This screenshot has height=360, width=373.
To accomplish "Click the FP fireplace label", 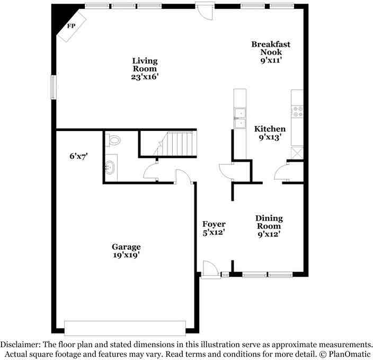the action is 71,26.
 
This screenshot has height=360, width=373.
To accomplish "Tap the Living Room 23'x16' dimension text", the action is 145,77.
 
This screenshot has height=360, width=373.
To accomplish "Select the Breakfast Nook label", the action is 271,48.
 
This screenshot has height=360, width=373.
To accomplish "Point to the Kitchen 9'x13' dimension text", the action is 270,137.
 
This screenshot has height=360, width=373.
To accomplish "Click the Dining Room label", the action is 269,222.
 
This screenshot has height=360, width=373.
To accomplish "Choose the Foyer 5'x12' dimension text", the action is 214,232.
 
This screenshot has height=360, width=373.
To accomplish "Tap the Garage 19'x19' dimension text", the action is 126,255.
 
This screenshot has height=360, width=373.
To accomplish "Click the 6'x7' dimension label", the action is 79,156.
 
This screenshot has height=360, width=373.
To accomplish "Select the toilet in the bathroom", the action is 113,140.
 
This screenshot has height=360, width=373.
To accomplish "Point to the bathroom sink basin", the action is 110,168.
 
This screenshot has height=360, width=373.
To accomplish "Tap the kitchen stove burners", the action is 298,111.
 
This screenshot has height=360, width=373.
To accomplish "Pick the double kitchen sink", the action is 240,118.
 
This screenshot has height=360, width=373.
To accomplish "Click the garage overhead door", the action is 125,328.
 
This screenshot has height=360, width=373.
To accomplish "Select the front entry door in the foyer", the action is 210,269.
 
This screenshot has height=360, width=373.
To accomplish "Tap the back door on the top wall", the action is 205,11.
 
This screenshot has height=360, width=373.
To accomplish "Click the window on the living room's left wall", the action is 54,87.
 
